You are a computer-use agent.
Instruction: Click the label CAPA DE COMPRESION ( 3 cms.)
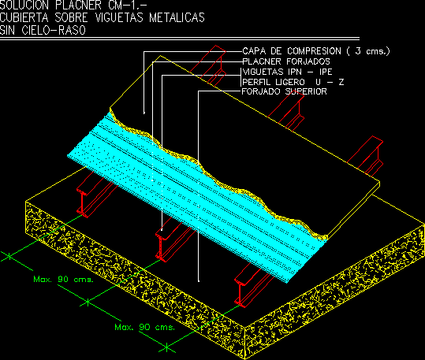316,51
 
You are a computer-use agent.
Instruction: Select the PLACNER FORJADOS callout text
286,61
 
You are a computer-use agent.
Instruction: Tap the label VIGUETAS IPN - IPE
287,72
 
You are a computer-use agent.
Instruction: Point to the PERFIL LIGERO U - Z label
293,82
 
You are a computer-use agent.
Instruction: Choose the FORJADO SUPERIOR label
284,91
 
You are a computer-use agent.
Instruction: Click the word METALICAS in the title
177,17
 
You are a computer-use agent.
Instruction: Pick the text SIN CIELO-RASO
43,30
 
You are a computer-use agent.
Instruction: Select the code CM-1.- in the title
128,5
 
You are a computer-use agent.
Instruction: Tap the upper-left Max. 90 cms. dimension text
63,280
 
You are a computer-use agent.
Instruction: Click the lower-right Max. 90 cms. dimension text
144,327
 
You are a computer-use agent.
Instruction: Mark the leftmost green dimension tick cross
9,256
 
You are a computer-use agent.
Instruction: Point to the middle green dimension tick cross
88,302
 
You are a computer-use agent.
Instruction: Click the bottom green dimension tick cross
166,347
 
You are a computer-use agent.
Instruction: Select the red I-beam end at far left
82,202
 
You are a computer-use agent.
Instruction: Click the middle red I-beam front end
161,246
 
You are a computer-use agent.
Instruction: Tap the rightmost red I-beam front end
240,291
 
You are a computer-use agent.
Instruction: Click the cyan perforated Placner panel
190,198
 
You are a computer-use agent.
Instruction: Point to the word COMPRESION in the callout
314,51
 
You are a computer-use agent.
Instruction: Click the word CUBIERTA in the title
24,17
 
